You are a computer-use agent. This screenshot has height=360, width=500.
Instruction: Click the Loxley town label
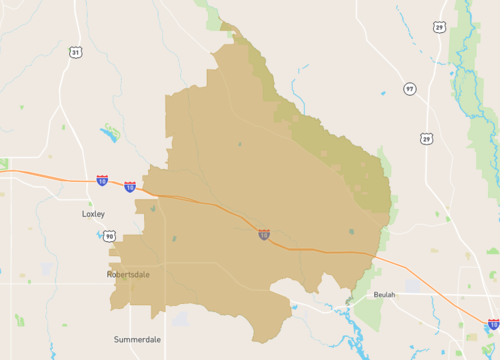point(92,214)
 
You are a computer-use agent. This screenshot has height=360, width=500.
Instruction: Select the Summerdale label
point(138,339)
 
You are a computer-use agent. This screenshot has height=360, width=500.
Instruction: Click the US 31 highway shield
point(75,52)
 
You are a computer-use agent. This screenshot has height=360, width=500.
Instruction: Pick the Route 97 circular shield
point(409,89)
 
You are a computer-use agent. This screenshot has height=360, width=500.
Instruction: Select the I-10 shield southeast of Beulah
point(493,325)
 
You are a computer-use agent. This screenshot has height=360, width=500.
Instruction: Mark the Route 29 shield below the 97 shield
point(427,138)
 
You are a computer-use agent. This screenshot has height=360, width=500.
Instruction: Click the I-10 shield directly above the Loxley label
point(102,181)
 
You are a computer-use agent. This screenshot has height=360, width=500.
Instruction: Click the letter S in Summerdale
point(117,339)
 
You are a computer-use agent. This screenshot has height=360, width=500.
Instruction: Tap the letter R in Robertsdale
point(109,273)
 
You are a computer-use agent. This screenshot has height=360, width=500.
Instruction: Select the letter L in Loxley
point(83,214)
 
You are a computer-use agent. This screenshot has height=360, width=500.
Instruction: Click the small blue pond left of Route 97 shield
point(383,95)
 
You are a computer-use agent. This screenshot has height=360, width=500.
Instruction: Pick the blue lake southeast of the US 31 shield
point(108,131)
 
